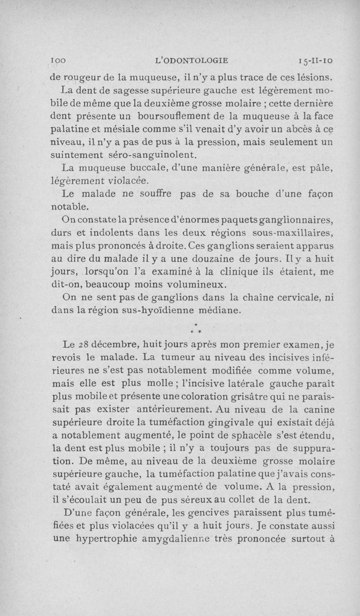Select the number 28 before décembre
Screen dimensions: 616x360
pos(82,345)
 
